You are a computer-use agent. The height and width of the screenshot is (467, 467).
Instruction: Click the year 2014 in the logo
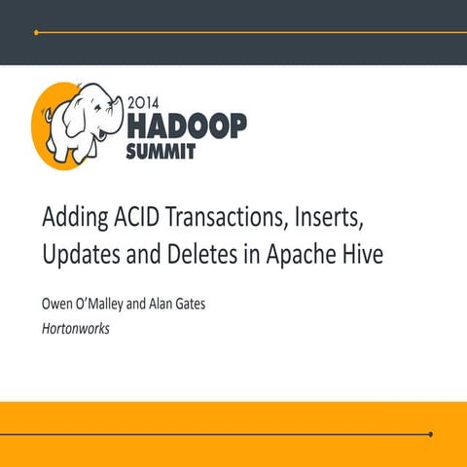pyautogui.click(x=145, y=101)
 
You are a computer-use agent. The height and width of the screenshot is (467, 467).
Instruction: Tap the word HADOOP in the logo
pyautogui.click(x=187, y=125)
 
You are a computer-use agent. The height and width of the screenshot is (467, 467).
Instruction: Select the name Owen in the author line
pyautogui.click(x=57, y=305)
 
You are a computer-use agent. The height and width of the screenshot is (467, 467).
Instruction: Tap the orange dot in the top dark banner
pyautogui.click(x=36, y=32)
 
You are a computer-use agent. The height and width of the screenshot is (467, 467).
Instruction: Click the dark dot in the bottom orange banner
pyautogui.click(x=430, y=434)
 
